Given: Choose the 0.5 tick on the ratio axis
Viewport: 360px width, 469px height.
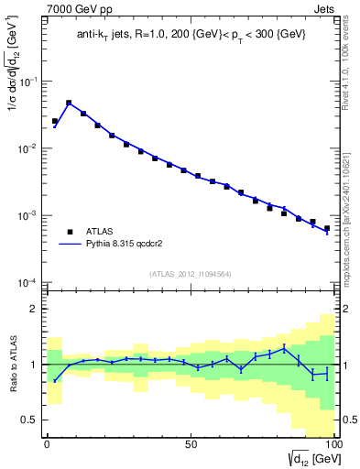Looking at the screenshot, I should (x=31, y=420).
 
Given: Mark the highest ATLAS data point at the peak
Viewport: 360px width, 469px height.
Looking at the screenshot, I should (x=69, y=104).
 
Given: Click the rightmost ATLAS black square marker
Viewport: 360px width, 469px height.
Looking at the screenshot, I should (x=327, y=229).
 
